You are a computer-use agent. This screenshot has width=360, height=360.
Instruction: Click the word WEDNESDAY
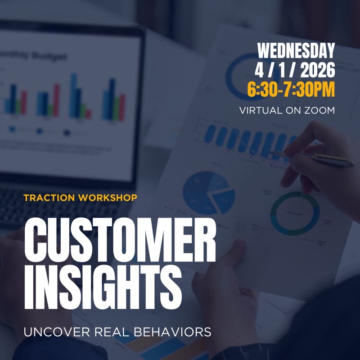click(296, 50)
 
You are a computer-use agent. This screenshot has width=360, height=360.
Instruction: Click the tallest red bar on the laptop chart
click(57, 100)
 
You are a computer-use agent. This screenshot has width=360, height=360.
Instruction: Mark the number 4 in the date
click(258, 70)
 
